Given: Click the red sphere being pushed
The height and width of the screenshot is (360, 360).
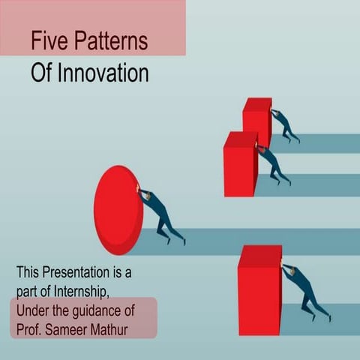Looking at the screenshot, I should [118, 210].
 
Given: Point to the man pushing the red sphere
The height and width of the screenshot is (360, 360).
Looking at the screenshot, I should [160, 216].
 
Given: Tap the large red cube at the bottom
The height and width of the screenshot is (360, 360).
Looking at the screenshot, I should [259, 289].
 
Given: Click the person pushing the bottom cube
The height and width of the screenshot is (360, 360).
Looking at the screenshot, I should [306, 291].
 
